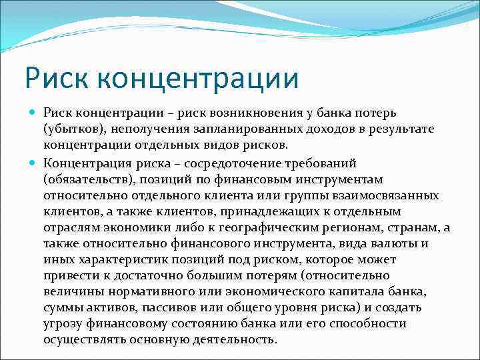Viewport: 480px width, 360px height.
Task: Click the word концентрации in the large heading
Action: click(198, 78)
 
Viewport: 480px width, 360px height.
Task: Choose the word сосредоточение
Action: click(247, 164)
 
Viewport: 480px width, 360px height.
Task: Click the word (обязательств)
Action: click(86, 180)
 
